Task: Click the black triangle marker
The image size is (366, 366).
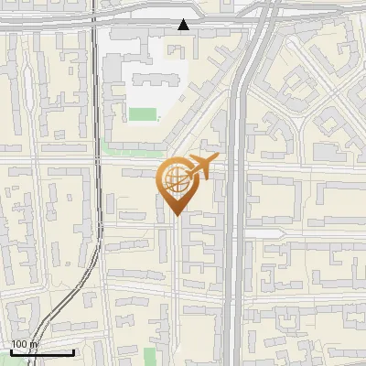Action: [x=185, y=25]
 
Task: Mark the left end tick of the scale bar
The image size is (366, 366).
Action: [x=11, y=351]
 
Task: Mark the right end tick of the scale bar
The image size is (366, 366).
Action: [x=73, y=351]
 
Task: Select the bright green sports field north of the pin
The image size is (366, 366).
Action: [x=142, y=114]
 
